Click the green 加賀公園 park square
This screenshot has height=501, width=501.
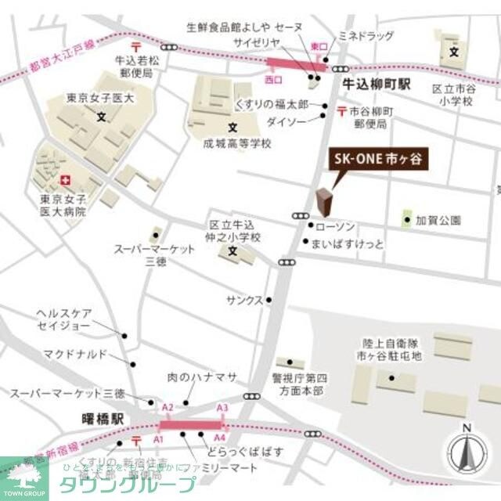pyautogui.click(x=407, y=219)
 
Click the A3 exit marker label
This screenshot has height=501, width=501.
pyautogui.click(x=222, y=408)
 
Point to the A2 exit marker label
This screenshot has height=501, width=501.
pyautogui.click(x=167, y=408)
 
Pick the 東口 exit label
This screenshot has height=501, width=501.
pyautogui.click(x=319, y=47)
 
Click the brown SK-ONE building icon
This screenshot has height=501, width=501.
pyautogui.click(x=323, y=201)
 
